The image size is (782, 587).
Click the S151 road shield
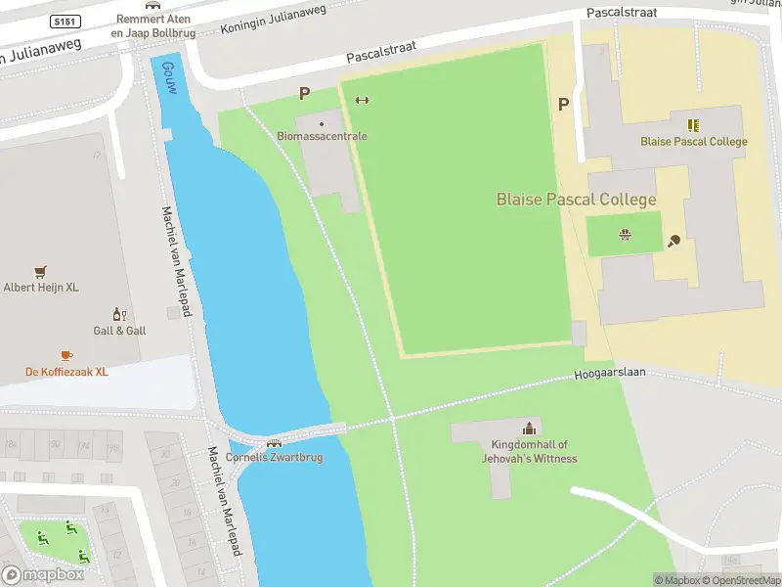point(65,22)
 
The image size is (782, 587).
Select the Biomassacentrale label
point(322,136)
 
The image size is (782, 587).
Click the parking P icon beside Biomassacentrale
point(304,94)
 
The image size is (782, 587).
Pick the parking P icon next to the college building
point(563,104)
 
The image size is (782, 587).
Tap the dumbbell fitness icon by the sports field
point(362,99)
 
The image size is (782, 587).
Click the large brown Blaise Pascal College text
point(576,200)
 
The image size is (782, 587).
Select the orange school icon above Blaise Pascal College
point(693,125)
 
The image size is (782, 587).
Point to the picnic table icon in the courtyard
point(624,233)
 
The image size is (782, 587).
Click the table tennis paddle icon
point(673,240)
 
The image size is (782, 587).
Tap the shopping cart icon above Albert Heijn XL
point(40,272)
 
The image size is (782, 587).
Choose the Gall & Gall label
point(119,331)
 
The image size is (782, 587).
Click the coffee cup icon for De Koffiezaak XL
point(66,355)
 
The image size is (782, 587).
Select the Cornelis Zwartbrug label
point(274,457)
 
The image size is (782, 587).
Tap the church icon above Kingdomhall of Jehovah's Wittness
point(529,428)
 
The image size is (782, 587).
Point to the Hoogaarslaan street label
point(610,374)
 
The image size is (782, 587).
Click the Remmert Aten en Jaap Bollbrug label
point(153,25)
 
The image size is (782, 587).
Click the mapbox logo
point(44,575)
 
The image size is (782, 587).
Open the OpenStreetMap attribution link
point(745,580)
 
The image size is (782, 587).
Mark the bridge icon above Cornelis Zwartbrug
point(274,443)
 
